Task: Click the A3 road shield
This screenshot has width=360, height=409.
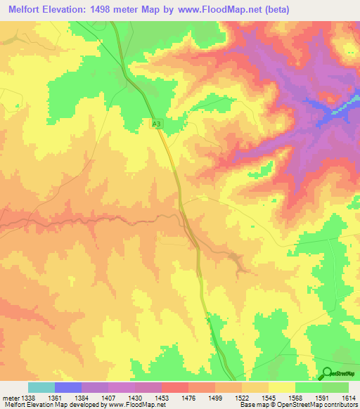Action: pyautogui.click(x=157, y=124)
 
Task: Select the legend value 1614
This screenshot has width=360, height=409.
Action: pyautogui.click(x=348, y=397)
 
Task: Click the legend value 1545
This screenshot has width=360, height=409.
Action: pyautogui.click(x=269, y=397)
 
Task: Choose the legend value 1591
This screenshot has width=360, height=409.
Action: pyautogui.click(x=321, y=397)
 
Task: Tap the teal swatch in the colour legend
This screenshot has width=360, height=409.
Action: pyautogui.click(x=41, y=387)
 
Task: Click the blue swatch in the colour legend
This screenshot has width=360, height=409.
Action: pyautogui.click(x=68, y=387)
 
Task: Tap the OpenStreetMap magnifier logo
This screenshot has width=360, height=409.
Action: pyautogui.click(x=327, y=373)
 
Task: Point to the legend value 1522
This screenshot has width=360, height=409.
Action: pyautogui.click(x=243, y=397)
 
